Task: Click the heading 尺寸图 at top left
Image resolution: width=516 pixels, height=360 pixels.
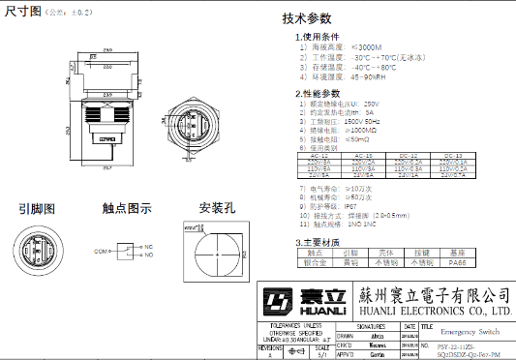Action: [x=21, y=12]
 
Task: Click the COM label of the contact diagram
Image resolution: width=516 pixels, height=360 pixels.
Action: [x=100, y=251]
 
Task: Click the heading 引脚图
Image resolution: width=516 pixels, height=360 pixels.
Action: [x=37, y=208]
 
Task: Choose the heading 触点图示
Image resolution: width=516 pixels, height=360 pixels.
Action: [x=126, y=208]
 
